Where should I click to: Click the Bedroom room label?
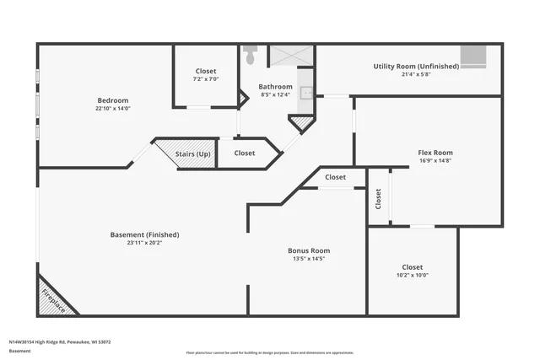(x=112, y=99)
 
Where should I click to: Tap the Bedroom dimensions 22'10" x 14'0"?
(x=112, y=108)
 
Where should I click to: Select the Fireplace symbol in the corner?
(x=53, y=298)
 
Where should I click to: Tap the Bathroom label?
(x=275, y=86)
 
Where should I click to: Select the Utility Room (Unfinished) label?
(x=416, y=66)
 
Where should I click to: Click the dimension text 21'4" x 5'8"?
(x=416, y=74)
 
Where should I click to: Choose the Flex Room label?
(x=435, y=153)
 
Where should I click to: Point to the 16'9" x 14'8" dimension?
(x=435, y=161)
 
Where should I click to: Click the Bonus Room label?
(x=308, y=250)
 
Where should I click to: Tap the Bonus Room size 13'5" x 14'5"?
(x=308, y=259)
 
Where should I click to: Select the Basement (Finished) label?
(x=144, y=234)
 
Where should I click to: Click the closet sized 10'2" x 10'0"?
(x=413, y=271)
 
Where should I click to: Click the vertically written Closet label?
(x=378, y=199)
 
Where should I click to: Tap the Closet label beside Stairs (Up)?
(x=245, y=153)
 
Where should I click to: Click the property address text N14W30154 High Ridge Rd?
(x=60, y=342)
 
